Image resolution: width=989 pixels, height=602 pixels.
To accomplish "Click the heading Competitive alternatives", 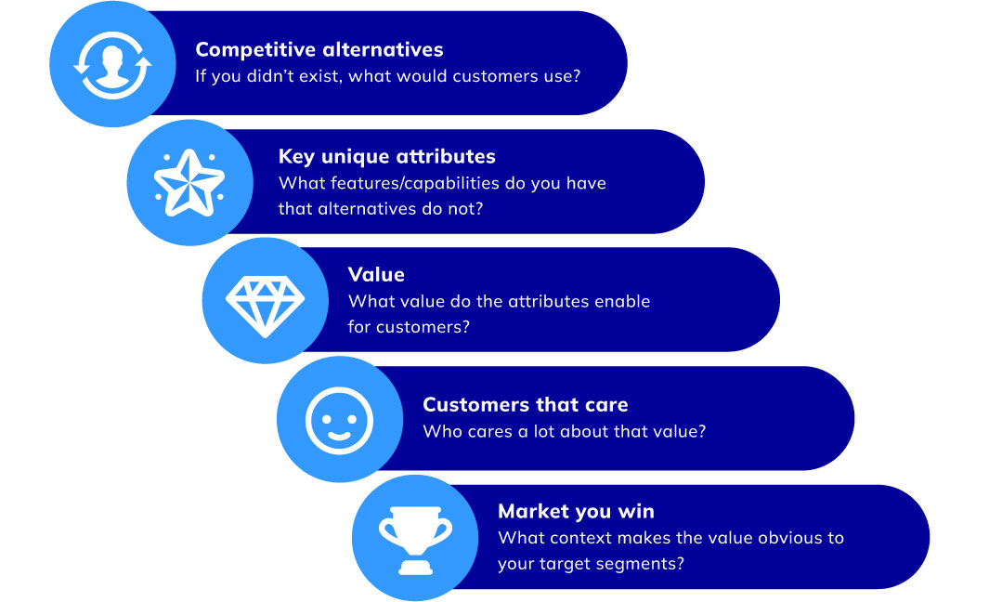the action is pos(319,50).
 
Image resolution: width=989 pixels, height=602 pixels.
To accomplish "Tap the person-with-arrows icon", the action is pos(113,65).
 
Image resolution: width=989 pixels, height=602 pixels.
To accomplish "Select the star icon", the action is pos(189,183).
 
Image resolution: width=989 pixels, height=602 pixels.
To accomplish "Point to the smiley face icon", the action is pos(339,420).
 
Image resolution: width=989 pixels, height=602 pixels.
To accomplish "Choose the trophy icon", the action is pos(416,540).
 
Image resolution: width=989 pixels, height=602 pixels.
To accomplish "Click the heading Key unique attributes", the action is pos(386,156).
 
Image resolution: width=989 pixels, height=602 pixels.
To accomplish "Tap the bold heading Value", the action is pos(376,274).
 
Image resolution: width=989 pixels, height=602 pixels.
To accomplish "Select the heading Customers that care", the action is pos(526,404).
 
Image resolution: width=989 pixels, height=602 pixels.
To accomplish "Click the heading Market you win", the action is pos(576,511).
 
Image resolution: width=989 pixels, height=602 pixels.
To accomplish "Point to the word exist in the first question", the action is pos(319,76).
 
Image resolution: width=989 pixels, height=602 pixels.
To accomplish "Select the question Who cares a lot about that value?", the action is pos(565,432).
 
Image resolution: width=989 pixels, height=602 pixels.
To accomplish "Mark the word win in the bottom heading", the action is pos(636,511).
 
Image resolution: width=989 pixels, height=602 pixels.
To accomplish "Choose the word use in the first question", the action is pos(553,76).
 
